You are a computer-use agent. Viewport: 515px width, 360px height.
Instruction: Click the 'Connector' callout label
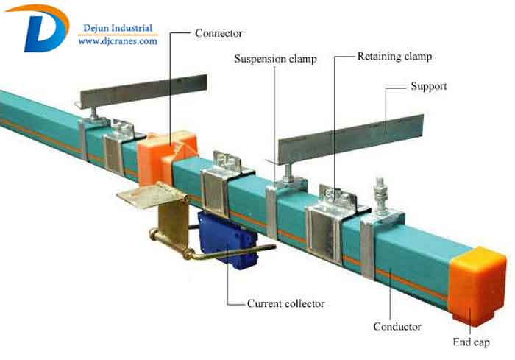click(219, 33)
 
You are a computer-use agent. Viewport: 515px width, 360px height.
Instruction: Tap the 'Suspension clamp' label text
click(275, 59)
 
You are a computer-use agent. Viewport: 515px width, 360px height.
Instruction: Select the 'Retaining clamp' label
click(394, 56)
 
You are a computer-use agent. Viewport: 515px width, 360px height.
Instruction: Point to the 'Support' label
click(428, 86)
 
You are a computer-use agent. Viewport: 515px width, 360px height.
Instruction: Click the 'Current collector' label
click(285, 303)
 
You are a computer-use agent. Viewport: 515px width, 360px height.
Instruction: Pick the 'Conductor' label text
click(397, 326)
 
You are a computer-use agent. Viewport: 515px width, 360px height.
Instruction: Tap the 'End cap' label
click(471, 342)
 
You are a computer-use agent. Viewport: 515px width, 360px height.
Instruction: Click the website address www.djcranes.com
click(118, 42)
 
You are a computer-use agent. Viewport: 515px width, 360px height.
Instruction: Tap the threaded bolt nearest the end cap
click(381, 194)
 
